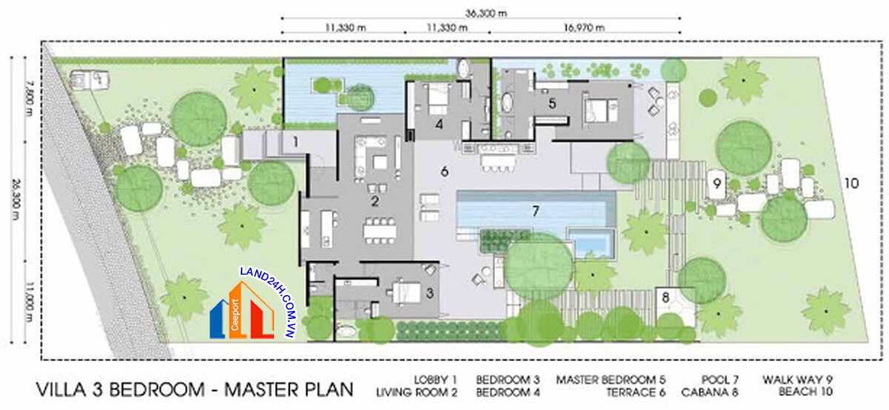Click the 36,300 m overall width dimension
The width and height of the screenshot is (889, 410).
(486, 13)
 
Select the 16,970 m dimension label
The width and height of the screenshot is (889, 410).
(584, 27)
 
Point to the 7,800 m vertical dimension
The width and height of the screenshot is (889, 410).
(30, 98)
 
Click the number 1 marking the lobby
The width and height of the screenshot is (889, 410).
(296, 141)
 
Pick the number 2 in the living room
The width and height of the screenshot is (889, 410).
(375, 201)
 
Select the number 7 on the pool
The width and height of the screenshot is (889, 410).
(536, 211)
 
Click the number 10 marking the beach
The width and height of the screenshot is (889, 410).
(851, 184)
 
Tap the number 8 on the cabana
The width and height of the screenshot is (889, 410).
(665, 297)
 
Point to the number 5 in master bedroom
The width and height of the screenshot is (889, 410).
(552, 104)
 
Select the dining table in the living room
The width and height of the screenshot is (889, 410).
(380, 230)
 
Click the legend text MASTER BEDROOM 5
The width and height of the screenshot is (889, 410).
(610, 380)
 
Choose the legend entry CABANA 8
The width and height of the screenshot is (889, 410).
(710, 392)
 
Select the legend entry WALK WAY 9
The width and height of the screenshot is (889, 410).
(797, 380)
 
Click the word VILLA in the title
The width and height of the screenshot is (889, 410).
(61, 389)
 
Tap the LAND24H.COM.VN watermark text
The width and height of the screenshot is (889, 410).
(268, 302)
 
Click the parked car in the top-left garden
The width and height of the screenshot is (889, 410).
(90, 80)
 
